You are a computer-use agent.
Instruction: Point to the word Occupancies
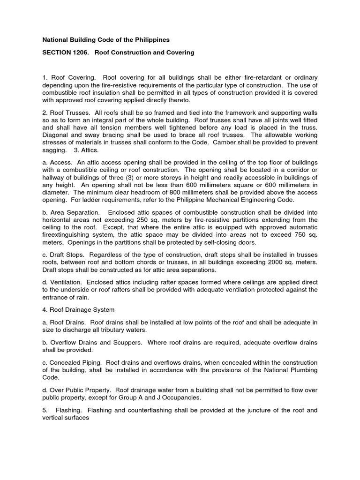[x=179, y=397]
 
